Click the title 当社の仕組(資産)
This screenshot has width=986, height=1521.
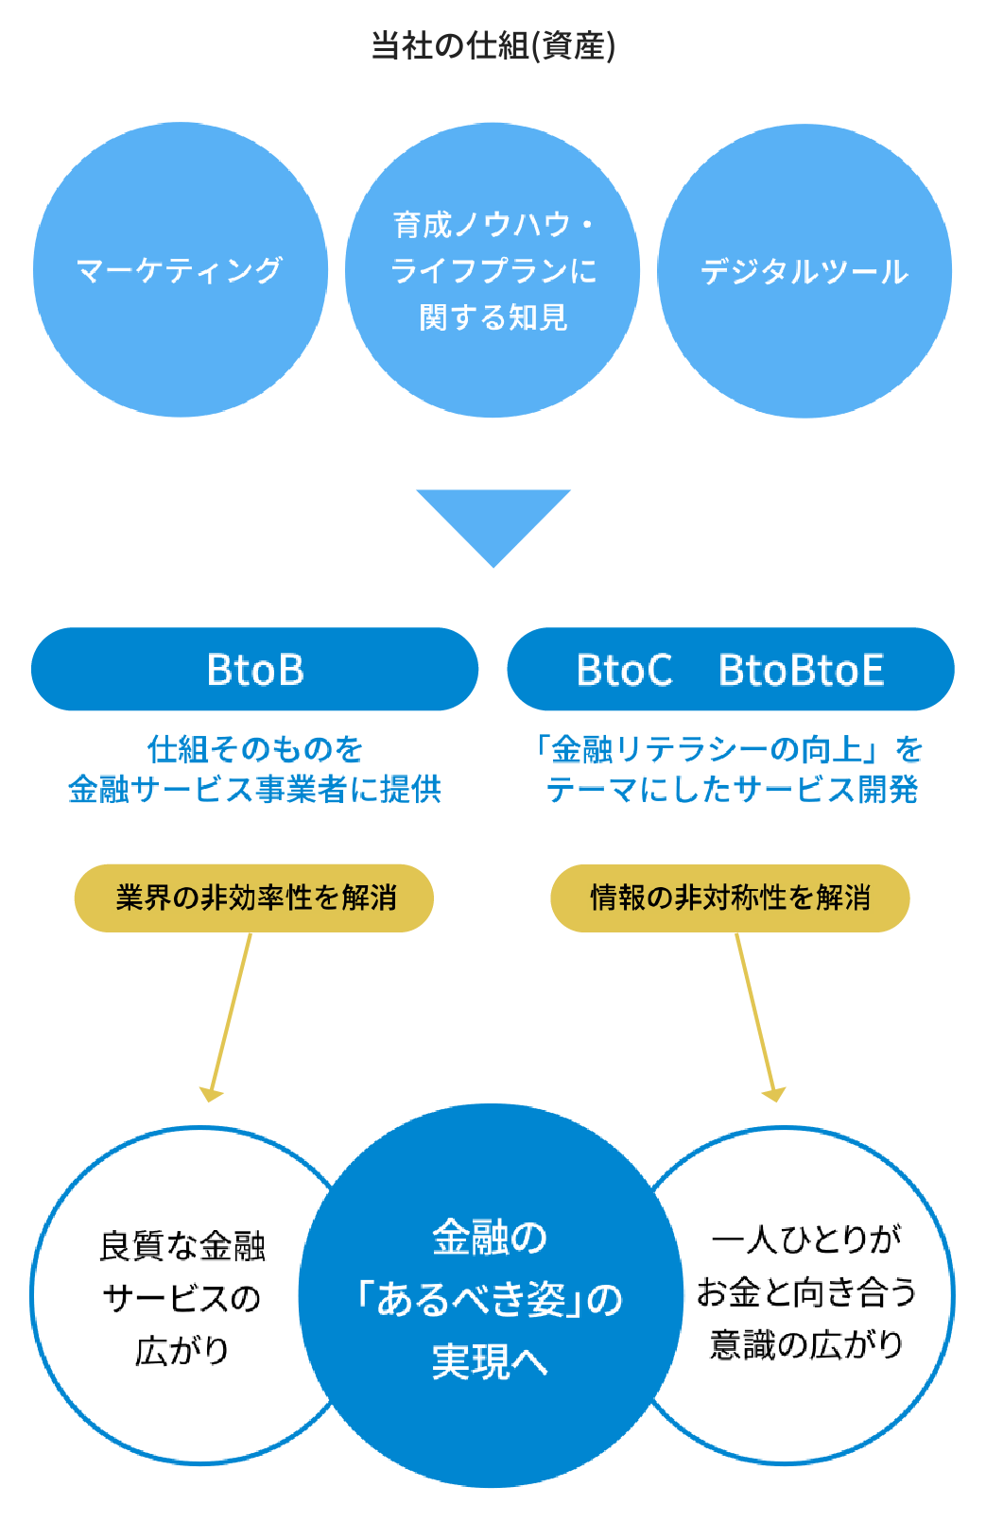(x=493, y=45)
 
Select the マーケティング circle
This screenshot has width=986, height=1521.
(x=180, y=270)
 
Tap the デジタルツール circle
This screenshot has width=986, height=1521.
(x=804, y=271)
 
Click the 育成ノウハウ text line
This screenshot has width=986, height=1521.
(x=493, y=225)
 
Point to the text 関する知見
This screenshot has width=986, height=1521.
(x=493, y=317)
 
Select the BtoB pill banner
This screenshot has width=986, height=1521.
(x=254, y=669)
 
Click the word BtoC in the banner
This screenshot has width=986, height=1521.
(x=625, y=670)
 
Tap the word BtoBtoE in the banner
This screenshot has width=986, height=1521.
(x=801, y=670)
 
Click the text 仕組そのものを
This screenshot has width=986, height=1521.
(x=254, y=749)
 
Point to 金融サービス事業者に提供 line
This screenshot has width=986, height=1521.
(x=254, y=789)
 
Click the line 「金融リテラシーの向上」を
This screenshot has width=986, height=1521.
(x=730, y=749)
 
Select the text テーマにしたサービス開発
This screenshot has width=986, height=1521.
(x=732, y=789)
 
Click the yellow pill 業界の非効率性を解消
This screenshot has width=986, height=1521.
(x=254, y=897)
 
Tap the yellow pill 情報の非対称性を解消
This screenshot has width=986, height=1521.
(x=730, y=897)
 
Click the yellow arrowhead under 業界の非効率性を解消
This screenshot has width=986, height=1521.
(x=211, y=1094)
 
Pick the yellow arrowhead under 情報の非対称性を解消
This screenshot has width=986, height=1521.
(x=773, y=1094)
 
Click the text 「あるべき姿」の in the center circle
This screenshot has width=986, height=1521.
(x=490, y=1300)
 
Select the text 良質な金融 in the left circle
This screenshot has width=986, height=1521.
(x=182, y=1246)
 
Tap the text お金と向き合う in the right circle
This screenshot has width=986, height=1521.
(x=806, y=1291)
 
